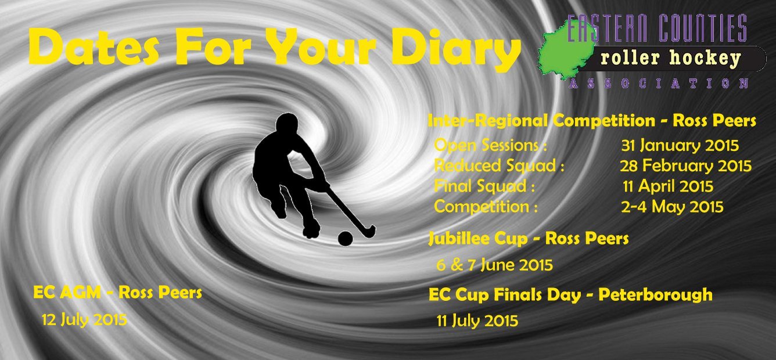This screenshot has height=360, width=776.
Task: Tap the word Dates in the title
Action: tap(94, 46)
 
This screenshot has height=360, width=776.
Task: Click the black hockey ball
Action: tap(345, 239)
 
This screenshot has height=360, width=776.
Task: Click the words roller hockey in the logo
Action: tap(671, 59)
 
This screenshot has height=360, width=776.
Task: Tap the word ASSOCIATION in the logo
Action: tap(659, 84)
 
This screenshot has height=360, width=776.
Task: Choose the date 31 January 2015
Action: tap(680, 146)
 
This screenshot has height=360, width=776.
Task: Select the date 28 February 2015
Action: tap(685, 166)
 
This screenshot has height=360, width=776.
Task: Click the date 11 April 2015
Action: tap(668, 186)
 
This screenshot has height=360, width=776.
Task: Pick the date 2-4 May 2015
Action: tap(672, 207)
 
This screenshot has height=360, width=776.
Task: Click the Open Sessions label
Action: tap(491, 145)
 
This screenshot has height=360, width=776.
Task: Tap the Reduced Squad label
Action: tap(499, 165)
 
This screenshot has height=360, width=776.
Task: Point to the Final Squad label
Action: tap(484, 186)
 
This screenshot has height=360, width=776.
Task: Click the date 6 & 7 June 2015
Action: tap(494, 265)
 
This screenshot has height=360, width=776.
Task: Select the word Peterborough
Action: tap(655, 296)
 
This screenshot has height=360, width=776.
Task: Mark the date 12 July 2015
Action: tap(84, 320)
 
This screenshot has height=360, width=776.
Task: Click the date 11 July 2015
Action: tap(477, 321)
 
